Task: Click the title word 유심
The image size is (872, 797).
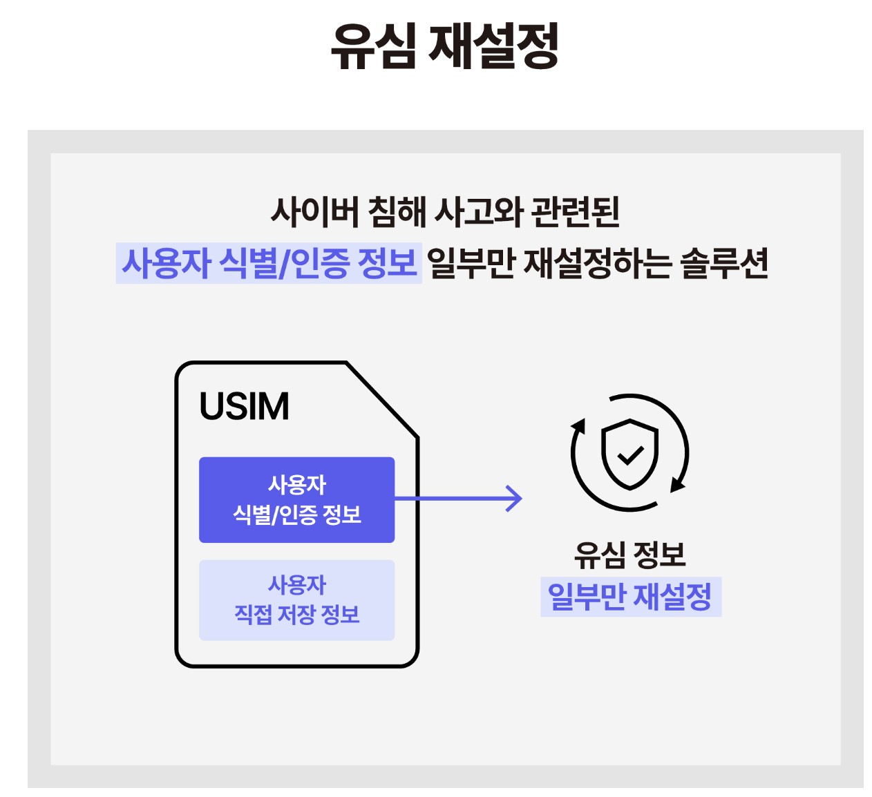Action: (x=374, y=46)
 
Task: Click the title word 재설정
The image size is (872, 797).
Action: (x=493, y=46)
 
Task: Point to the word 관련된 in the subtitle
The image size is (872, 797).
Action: (x=576, y=211)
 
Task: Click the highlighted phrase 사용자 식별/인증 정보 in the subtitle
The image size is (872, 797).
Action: (x=269, y=263)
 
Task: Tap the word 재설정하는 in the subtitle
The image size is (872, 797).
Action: (x=597, y=263)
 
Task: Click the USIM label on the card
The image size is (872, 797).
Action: (x=244, y=406)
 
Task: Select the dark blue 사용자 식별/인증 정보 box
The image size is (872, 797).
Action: (x=296, y=499)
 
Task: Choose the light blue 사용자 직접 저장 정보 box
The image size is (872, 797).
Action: (x=296, y=599)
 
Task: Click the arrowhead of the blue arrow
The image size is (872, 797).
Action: (x=515, y=499)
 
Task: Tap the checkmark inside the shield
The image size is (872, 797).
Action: (x=629, y=454)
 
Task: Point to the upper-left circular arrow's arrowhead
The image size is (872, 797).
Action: (x=579, y=425)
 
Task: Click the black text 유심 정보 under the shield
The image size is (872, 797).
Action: (x=629, y=555)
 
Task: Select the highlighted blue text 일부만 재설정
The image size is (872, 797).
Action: (x=629, y=597)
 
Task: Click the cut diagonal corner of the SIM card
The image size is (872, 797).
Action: (x=382, y=399)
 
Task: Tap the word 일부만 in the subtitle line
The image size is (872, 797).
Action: (x=471, y=263)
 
